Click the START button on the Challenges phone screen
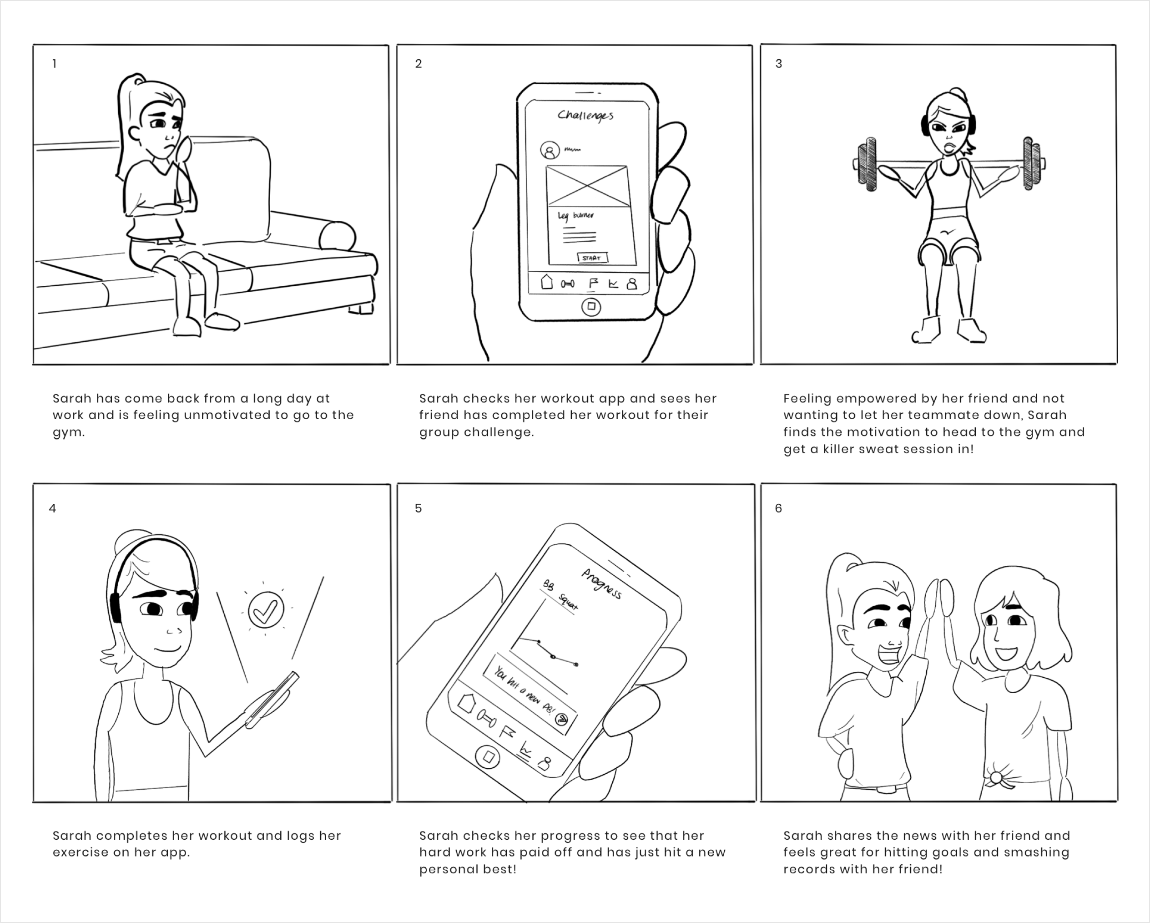tap(593, 258)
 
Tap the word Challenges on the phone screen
tap(585, 115)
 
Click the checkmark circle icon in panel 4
tap(266, 610)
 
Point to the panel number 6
tap(779, 508)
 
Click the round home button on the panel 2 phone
tap(591, 306)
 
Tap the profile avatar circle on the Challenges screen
tap(550, 151)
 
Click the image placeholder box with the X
tap(587, 186)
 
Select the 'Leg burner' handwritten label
tap(575, 216)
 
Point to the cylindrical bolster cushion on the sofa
tap(337, 235)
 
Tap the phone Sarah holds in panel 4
tap(272, 700)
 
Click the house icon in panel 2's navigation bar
tap(547, 282)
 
